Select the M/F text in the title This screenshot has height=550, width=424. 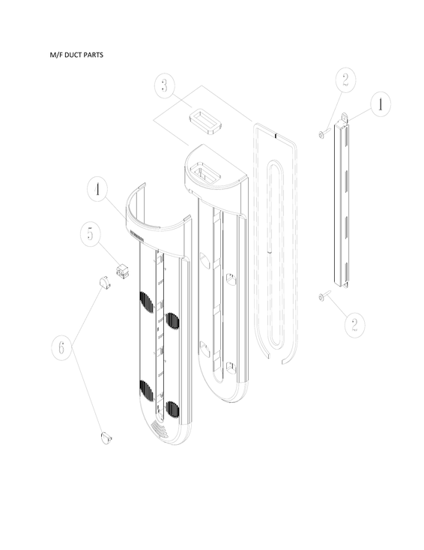point(52,56)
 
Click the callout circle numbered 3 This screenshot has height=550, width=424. point(166,85)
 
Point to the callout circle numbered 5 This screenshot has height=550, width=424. point(90,234)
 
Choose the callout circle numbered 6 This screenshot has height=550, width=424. point(62,349)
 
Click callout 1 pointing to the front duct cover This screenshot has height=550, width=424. point(97,191)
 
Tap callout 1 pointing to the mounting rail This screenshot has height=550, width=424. point(380,106)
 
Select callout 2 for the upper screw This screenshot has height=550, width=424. point(345,80)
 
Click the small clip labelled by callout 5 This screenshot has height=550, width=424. point(120,269)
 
